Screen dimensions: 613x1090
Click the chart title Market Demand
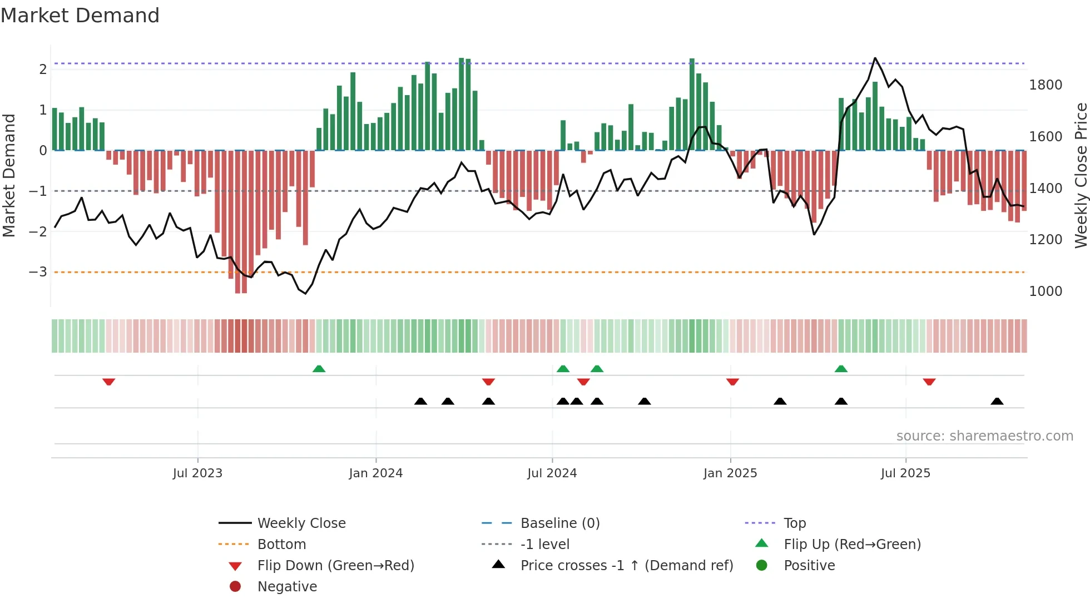tap(80, 16)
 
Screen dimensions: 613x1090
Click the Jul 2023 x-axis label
tap(197, 473)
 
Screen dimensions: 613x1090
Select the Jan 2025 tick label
tap(730, 473)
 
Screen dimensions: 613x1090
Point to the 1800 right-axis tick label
tap(1045, 85)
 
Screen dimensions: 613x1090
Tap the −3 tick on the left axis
tap(38, 272)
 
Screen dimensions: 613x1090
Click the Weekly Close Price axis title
tap(1080, 175)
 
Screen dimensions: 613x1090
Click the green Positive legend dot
tap(762, 566)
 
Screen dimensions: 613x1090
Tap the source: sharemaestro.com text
tap(984, 436)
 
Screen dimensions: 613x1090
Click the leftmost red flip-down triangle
tap(108, 382)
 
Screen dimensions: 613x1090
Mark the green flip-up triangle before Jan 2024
tap(319, 369)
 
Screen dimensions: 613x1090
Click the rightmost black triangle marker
tap(997, 401)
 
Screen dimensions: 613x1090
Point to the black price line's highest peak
tap(875, 58)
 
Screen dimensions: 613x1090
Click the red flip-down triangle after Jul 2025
tap(929, 382)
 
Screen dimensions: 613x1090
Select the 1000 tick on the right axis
tap(1045, 291)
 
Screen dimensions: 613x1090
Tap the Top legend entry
tap(794, 523)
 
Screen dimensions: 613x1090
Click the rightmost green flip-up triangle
tap(841, 369)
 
